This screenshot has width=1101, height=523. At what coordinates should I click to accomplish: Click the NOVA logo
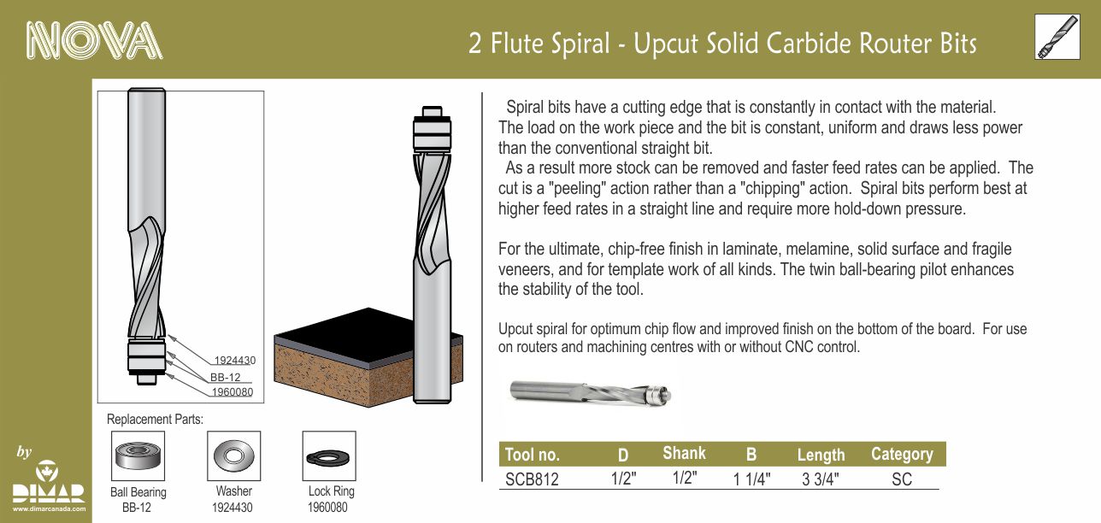94,40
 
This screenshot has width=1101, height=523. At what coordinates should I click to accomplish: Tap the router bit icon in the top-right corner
1057,37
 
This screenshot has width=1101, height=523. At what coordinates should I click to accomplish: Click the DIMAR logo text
49,493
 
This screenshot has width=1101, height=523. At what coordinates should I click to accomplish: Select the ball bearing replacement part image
138,456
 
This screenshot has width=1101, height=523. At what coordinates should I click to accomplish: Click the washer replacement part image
234,456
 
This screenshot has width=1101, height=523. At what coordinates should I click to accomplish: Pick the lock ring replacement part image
329,456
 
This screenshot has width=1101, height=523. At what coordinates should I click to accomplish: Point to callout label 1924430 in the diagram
235,361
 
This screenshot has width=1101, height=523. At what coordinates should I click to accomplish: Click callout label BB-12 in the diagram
226,378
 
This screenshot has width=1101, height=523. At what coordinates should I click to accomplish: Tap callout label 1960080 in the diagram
232,392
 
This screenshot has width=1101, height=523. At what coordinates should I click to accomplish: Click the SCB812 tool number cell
532,479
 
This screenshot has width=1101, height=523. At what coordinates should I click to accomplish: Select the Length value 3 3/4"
821,479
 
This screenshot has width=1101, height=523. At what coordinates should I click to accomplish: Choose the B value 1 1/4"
751,479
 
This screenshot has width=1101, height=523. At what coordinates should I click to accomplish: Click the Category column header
902,454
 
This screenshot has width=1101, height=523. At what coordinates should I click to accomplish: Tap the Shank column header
684,453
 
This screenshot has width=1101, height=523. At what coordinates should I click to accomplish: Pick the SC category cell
902,479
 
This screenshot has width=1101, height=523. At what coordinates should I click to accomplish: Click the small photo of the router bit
591,393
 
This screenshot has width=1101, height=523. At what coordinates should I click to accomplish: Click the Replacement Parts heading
155,420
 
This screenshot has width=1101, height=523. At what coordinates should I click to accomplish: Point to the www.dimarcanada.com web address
50,509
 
